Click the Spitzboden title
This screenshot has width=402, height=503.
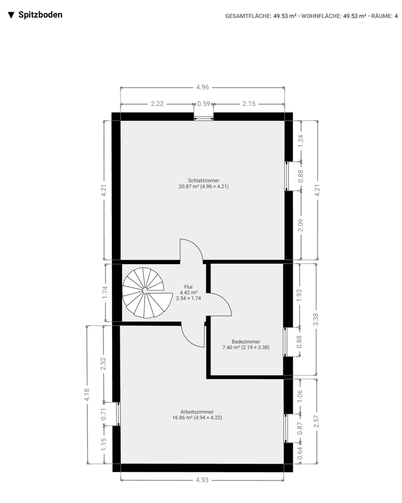point(40,15)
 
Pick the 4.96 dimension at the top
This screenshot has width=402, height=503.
point(202,88)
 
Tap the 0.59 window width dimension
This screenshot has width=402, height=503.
point(204,104)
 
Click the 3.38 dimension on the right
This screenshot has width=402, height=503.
point(316,320)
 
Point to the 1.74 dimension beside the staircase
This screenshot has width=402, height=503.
point(105,292)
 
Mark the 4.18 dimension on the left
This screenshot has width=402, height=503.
point(87,395)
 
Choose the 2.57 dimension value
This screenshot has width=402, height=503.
point(316,421)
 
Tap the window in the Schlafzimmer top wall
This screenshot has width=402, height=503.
point(204,118)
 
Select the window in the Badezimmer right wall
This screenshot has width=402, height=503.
point(286,342)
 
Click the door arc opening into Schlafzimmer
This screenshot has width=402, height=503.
point(192,248)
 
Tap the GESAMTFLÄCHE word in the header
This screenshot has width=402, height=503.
point(249,16)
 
